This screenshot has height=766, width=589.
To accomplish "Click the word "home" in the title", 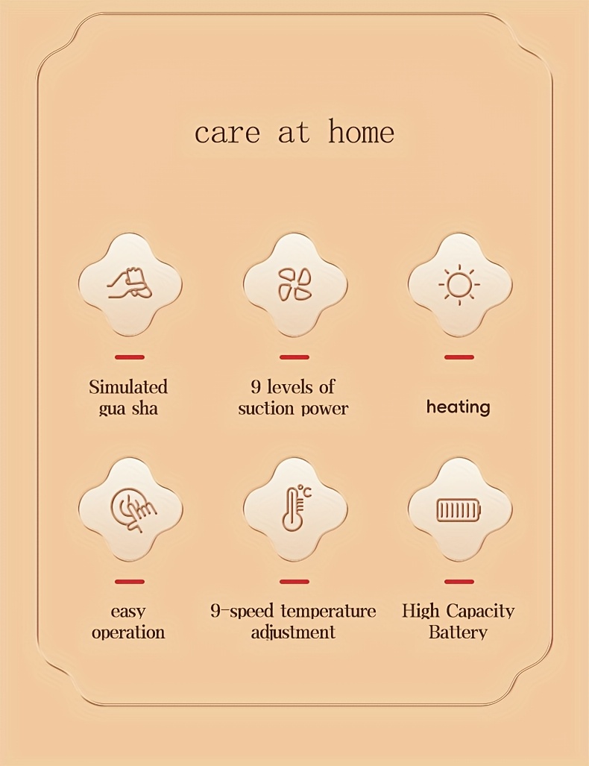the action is pos(361,131).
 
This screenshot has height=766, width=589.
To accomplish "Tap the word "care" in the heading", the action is pos(227,134).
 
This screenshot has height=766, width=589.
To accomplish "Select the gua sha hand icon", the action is pos(130,284).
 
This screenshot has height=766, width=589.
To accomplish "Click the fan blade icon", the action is pos(295,284).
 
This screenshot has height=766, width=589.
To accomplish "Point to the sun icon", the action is pos(459,284).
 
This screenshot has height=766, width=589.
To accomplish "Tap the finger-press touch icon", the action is pos(133,509).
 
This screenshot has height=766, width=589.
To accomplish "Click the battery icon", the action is pos(459,510).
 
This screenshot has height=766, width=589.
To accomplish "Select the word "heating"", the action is pos(458,407).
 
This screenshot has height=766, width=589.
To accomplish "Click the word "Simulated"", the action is pos(128,387).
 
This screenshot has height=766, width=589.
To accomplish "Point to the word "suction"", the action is pos(265,409).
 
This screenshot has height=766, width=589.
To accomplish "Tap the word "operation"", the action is pos(128,632).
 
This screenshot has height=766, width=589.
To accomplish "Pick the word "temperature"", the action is pos(329,611).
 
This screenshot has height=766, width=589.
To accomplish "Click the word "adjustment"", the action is pos(293,632).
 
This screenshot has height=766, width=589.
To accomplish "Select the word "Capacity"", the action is pos(480,611).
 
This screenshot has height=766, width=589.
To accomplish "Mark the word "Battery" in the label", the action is pos(458,632).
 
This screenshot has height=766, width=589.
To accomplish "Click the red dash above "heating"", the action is pos(459,357).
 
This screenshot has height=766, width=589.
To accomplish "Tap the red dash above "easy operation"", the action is pos(130,581).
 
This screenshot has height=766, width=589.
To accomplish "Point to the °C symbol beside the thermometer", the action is pos(304,491).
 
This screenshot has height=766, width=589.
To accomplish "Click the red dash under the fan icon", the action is pos(294,357).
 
